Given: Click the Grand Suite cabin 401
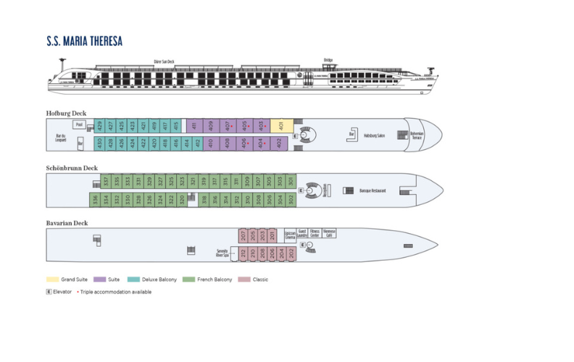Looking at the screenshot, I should (x=281, y=126).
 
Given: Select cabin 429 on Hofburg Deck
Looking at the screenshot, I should (x=99, y=126).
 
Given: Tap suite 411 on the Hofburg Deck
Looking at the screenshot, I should (x=194, y=126).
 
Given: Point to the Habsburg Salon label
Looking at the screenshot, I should (x=375, y=135).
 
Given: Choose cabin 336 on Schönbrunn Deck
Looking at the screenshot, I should (x=94, y=199).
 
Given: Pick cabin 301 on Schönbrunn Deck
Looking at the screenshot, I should (x=291, y=180).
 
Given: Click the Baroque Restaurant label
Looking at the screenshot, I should (x=373, y=190).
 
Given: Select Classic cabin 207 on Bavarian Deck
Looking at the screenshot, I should (x=244, y=235).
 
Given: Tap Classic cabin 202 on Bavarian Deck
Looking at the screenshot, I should (x=291, y=253).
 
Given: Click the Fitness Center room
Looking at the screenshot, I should (x=315, y=234).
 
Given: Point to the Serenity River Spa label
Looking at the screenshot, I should (x=222, y=253).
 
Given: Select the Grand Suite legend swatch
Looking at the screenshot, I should (x=52, y=279).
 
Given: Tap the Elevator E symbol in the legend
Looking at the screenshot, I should (x=49, y=292).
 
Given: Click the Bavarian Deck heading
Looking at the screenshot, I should (x=67, y=223).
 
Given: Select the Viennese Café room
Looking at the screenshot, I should (x=329, y=234).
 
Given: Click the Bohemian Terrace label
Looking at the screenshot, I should (x=417, y=135).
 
